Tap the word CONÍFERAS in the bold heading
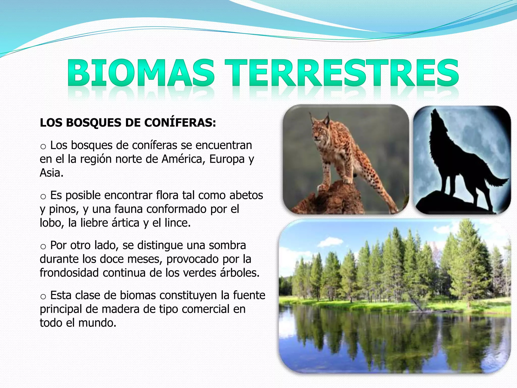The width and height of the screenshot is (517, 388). pos(180,123)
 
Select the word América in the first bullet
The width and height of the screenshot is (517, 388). pos(184,159)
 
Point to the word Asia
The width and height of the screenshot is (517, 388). pos(51,173)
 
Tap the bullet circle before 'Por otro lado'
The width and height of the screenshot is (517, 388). pos(43,247)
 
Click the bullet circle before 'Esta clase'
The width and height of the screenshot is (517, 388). pos(43,297)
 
